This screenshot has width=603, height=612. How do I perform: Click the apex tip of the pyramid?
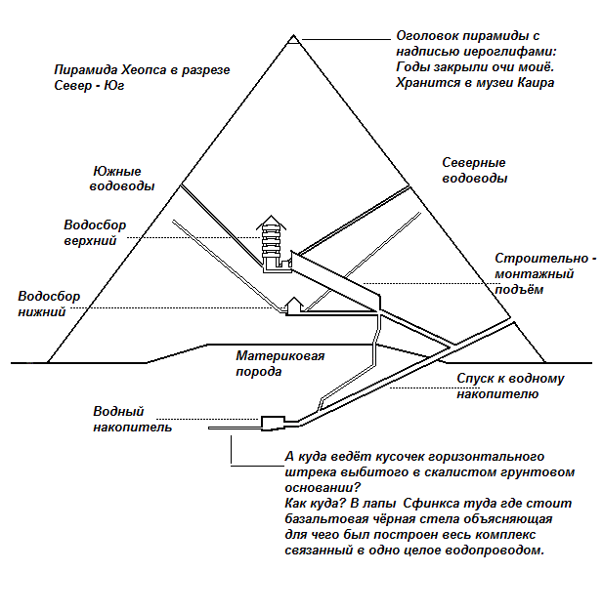click(x=294, y=35)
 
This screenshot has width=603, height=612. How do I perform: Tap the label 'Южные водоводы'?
click(x=122, y=179)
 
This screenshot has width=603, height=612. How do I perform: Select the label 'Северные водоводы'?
click(x=474, y=170)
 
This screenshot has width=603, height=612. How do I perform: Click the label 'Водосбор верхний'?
click(x=95, y=232)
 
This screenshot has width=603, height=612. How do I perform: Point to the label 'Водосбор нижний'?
click(x=49, y=304)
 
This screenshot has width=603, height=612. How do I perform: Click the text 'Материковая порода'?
click(x=280, y=363)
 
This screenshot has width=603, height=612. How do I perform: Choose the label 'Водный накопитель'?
click(x=132, y=419)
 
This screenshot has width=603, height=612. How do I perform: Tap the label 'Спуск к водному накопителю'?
click(x=510, y=386)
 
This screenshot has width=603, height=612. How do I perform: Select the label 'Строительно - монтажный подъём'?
click(x=545, y=273)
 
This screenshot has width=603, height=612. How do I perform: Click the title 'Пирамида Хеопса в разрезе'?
click(x=142, y=70)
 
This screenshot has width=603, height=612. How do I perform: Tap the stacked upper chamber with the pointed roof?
click(x=272, y=244)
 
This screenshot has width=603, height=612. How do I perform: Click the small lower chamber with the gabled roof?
click(x=294, y=306)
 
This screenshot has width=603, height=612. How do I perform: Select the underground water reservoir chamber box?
click(x=273, y=423)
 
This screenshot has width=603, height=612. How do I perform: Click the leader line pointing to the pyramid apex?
click(x=346, y=39)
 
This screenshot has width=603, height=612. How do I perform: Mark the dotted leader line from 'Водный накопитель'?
click(x=207, y=419)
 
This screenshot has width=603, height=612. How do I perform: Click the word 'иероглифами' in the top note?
click(x=510, y=52)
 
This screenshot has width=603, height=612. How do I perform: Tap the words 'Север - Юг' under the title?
click(x=89, y=86)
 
